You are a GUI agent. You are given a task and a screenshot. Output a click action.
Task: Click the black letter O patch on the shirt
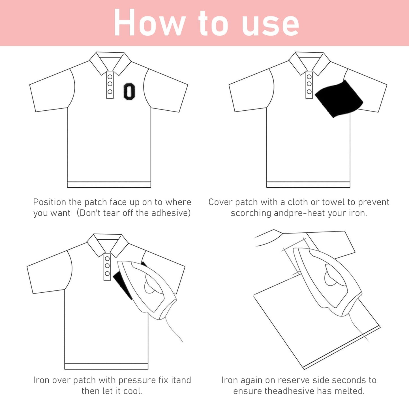point(129,91)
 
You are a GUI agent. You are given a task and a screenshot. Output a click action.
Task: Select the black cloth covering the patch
point(339,99)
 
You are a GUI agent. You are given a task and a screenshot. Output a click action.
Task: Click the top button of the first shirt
point(110,76)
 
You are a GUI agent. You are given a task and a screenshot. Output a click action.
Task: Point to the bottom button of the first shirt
point(110,91)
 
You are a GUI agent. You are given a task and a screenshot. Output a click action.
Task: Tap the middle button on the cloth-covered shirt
point(309,84)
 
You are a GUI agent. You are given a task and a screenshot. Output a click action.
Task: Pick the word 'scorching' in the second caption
point(251,213)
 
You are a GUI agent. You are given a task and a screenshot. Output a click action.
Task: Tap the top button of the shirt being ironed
point(107,259)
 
